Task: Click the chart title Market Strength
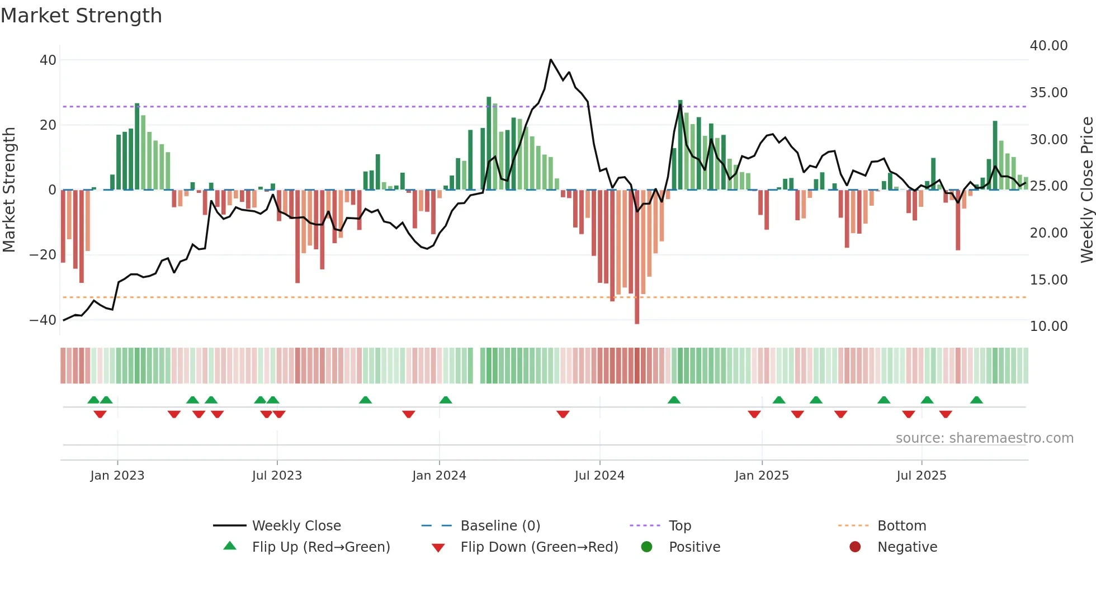(x=81, y=16)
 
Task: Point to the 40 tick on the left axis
(x=48, y=60)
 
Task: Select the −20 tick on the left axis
(x=43, y=255)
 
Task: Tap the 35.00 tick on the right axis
(x=1048, y=92)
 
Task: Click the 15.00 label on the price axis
(x=1048, y=279)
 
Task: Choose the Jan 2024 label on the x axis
(x=439, y=476)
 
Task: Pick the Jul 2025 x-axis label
(x=921, y=476)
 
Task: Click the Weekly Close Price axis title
(x=1086, y=190)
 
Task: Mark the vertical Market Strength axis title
(x=9, y=190)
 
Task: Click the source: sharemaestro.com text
(x=984, y=438)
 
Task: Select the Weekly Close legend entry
(x=296, y=526)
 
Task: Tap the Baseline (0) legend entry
(x=500, y=526)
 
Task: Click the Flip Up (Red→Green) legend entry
(x=320, y=547)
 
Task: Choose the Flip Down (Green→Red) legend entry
(x=539, y=547)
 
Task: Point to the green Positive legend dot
(x=647, y=547)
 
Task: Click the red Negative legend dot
(x=855, y=547)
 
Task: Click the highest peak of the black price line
(x=551, y=59)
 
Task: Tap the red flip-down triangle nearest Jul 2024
(x=563, y=414)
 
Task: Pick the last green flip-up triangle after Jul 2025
(x=976, y=400)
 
